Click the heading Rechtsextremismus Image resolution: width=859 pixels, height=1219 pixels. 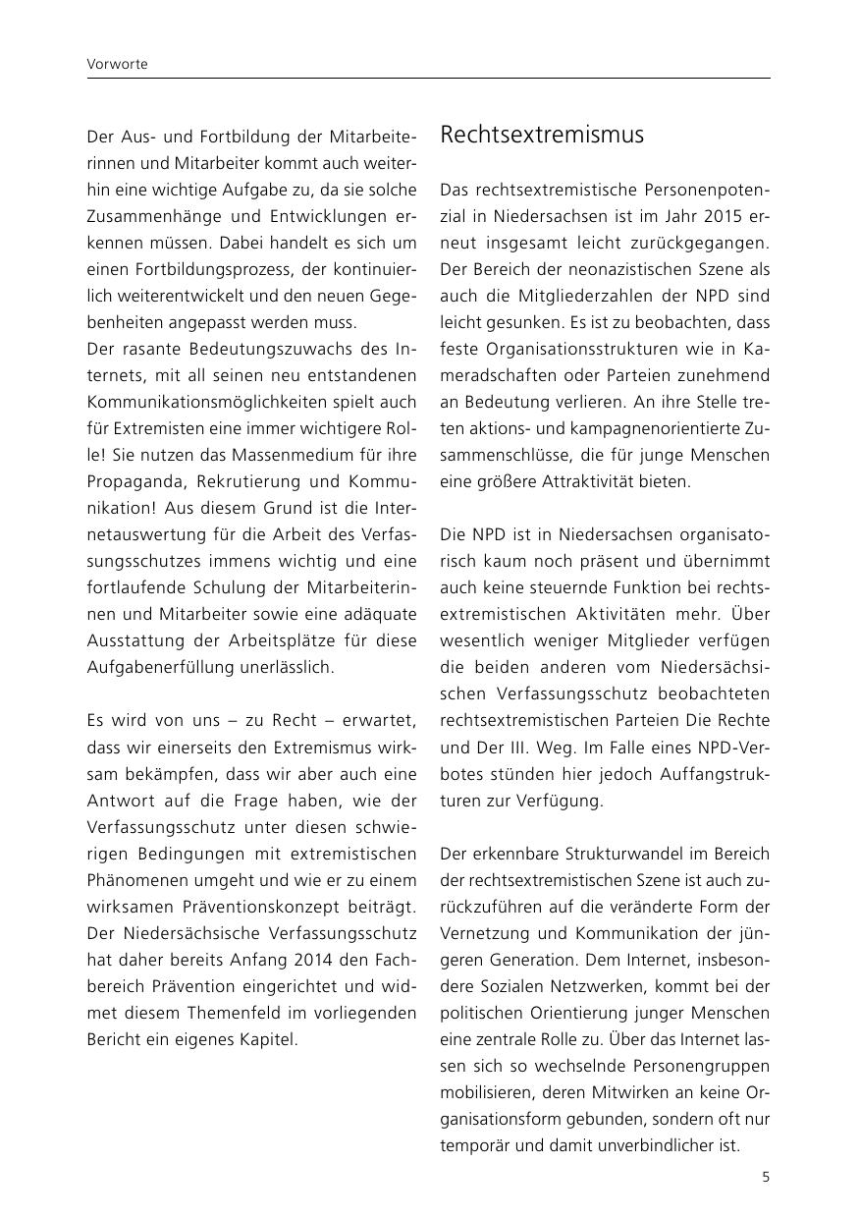[542, 135]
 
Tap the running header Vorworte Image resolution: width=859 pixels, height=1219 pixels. [117, 64]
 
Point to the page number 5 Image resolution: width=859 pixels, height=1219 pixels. [766, 1177]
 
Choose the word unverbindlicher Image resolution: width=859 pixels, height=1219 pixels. [658, 1144]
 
